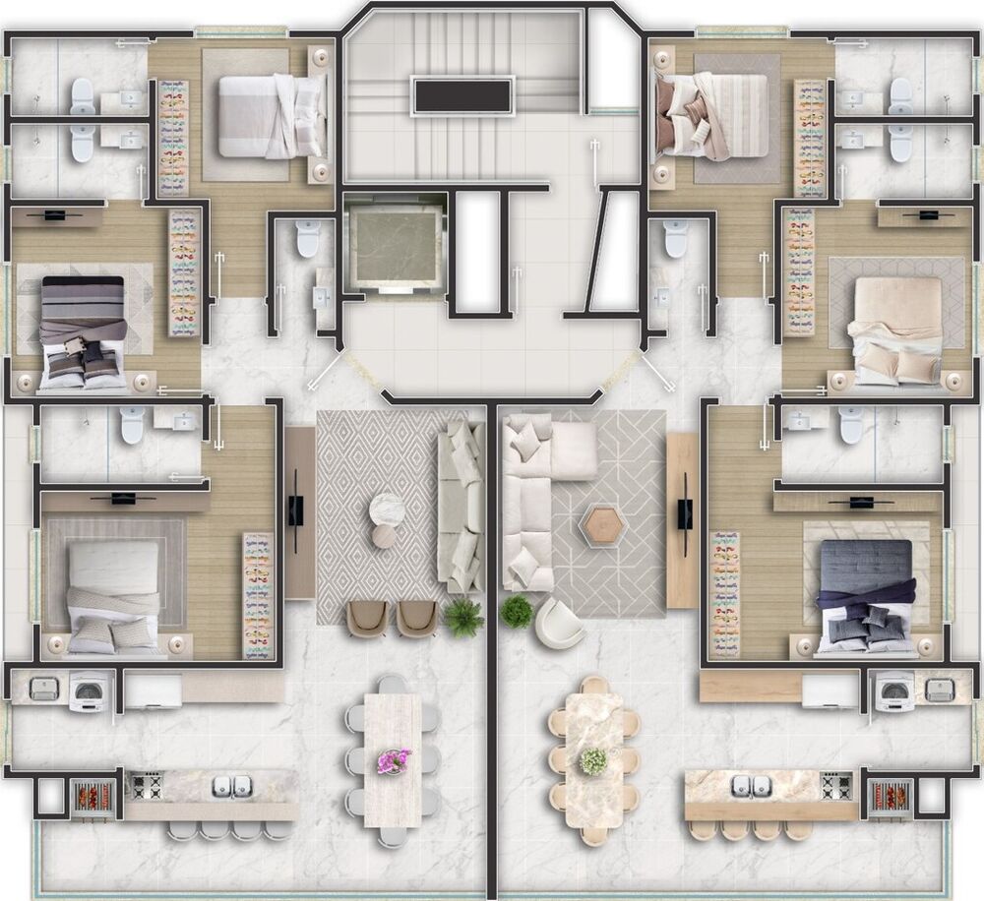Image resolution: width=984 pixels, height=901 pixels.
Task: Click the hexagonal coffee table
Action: click(x=603, y=526)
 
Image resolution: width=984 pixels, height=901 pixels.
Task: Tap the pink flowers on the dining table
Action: click(x=394, y=760)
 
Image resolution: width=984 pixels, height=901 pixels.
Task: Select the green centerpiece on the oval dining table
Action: click(x=593, y=760)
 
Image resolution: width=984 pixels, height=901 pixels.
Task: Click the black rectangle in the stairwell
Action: click(x=462, y=96)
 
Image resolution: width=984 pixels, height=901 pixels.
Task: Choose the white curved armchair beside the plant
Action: click(x=559, y=623)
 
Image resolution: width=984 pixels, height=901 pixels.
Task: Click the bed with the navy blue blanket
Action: click(x=866, y=595)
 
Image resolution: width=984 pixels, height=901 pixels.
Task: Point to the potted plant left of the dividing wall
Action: click(x=463, y=617)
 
